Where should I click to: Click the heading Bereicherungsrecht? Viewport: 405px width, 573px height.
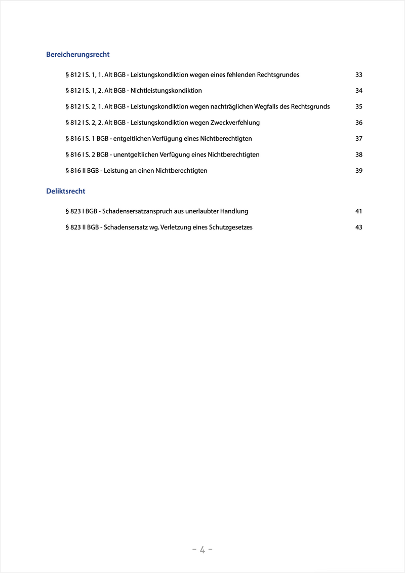(78, 54)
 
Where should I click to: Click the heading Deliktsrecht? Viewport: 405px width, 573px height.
(66, 191)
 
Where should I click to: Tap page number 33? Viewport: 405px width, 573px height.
(359, 75)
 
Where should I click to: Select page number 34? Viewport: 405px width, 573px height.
(359, 91)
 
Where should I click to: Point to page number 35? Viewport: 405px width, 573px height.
(359, 107)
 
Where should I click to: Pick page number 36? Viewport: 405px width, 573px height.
(359, 123)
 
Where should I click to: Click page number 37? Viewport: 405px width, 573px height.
(359, 139)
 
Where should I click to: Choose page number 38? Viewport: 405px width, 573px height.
(359, 155)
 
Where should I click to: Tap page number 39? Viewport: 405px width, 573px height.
(359, 171)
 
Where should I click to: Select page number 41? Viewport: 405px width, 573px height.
(359, 211)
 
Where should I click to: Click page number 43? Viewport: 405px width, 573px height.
(359, 227)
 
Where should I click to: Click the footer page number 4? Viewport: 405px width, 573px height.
(202, 550)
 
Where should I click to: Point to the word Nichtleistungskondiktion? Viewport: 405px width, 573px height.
(166, 91)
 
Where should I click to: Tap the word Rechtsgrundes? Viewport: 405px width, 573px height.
(278, 75)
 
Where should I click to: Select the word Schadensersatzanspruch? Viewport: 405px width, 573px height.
(133, 211)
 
